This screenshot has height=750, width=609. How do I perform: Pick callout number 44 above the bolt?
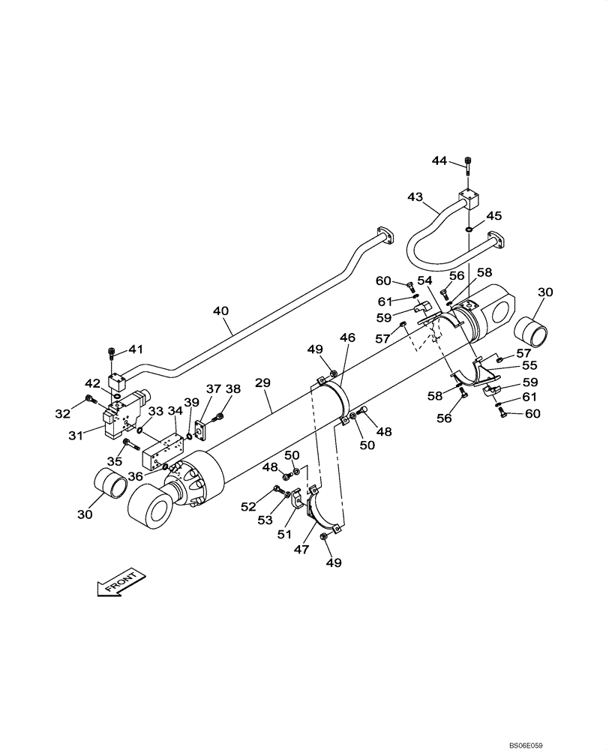coord(439,160)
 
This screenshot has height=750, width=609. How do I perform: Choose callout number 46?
coord(347,339)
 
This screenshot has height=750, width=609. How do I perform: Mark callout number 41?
coord(135,349)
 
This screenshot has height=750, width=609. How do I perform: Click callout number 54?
coord(426,280)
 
